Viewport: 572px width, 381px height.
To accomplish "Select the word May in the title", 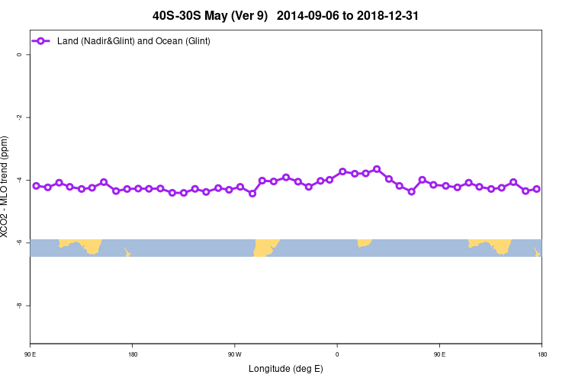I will click(223, 14).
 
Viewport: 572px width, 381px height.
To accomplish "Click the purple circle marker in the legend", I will click(42, 40).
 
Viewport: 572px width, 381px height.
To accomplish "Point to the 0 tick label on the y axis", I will click(18, 54).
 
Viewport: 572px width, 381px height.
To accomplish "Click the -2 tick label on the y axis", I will click(18, 117).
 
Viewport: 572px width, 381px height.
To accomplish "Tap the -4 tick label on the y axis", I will click(18, 179).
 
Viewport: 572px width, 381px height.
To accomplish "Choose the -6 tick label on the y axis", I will click(18, 242).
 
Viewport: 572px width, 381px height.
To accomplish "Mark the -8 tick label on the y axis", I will click(18, 305).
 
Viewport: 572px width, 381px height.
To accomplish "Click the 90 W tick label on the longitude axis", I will click(234, 354).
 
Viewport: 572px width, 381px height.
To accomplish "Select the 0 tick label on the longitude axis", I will click(336, 354).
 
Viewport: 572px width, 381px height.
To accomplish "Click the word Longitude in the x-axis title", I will click(270, 369).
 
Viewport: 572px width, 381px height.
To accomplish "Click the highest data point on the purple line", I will click(377, 168).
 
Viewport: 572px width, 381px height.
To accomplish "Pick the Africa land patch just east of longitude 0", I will click(364, 242).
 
